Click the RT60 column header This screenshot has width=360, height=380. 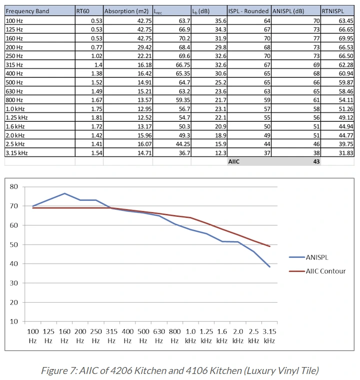point(82,11)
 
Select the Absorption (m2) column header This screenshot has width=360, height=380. point(126,11)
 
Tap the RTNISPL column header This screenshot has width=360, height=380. point(333,11)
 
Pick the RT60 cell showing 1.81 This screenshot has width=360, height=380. point(97,118)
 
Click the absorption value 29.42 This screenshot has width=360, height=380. point(144,47)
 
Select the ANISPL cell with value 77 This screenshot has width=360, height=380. point(316,38)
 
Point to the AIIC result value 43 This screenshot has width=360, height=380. point(316,162)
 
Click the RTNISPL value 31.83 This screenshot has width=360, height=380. point(346,153)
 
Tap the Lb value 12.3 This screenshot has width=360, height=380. point(221,153)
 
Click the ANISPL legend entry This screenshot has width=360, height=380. point(308,257)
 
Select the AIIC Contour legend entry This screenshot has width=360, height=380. point(317,271)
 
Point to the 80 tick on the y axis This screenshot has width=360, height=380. point(14,187)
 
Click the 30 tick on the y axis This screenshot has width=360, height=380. point(14,283)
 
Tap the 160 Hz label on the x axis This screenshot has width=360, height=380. point(64,336)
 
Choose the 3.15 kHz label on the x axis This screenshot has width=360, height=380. point(269,336)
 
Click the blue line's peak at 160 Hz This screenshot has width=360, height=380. point(64,193)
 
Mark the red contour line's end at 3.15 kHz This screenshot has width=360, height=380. point(270,247)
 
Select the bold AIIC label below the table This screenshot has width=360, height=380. point(234,162)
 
